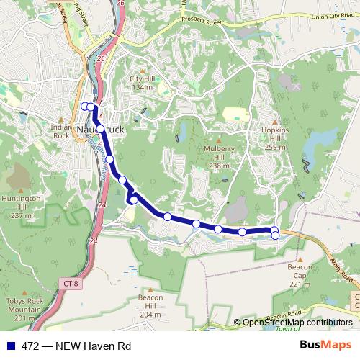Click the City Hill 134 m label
point(142,82)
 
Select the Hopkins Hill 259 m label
point(275,138)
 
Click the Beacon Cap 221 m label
point(300,274)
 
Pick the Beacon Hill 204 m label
point(150,306)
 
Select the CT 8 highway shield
point(71,284)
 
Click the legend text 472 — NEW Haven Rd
point(76,345)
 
